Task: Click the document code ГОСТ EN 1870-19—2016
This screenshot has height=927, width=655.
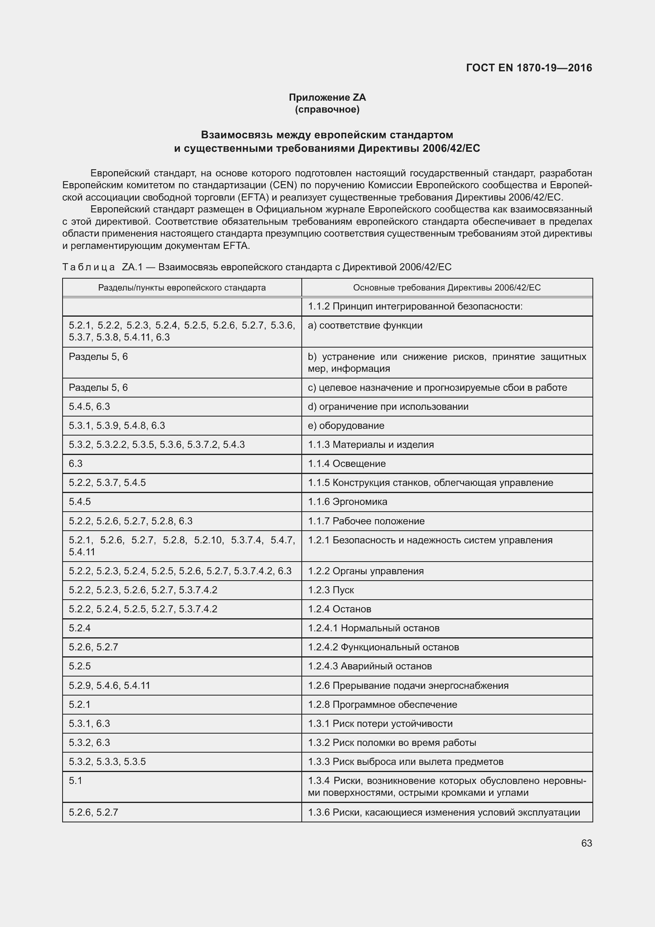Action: click(529, 68)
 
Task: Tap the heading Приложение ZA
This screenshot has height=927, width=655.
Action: click(327, 97)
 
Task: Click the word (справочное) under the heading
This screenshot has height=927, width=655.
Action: click(327, 109)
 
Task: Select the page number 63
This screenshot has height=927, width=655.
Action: click(586, 843)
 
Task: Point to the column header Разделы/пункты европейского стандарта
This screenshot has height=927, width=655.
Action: click(182, 287)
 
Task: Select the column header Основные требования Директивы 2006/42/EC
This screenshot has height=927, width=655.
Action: click(446, 287)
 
